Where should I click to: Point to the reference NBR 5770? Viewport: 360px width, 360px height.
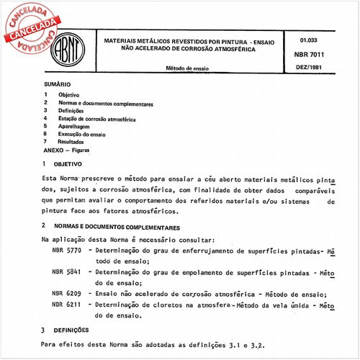pyautogui.click(x=66, y=252)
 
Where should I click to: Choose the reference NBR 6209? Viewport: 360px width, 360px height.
pyautogui.click(x=66, y=294)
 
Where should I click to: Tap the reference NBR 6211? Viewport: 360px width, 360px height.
pyautogui.click(x=66, y=305)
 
